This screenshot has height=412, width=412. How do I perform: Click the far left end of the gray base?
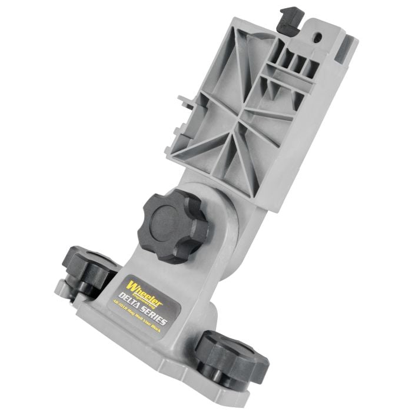coord(58,288)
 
